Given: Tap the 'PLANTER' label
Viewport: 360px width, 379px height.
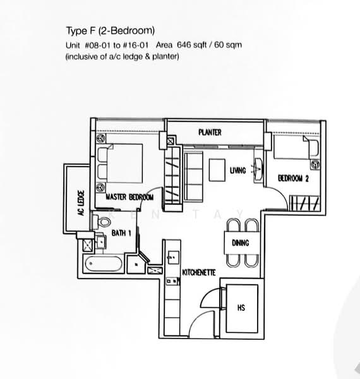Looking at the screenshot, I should click(x=209, y=132).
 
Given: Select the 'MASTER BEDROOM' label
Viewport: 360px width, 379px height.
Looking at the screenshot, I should click(x=129, y=197).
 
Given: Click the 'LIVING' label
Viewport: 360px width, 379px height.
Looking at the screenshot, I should click(x=237, y=171).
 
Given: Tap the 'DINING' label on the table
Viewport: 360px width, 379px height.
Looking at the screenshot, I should click(x=240, y=243).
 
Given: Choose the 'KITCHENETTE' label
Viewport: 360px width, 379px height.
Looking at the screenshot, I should click(x=199, y=272).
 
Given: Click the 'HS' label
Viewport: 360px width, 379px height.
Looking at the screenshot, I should click(x=241, y=308).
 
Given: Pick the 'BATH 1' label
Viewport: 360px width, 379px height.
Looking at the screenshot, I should click(x=121, y=233).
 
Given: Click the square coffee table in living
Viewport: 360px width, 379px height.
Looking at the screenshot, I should click(x=218, y=169).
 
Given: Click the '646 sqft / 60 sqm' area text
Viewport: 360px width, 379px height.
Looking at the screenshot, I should click(x=210, y=45).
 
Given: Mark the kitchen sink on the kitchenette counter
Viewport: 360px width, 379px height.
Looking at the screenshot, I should click(x=171, y=257).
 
